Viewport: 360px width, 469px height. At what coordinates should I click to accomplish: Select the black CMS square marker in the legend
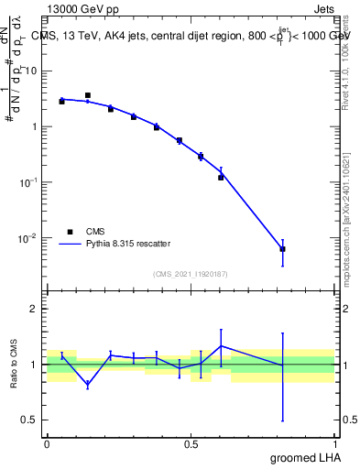point(69,232)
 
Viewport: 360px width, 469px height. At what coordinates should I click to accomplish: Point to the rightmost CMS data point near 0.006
point(283,249)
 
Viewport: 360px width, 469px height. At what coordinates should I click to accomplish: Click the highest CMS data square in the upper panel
point(88,95)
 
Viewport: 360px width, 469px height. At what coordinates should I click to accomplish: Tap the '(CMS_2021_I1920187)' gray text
point(190,273)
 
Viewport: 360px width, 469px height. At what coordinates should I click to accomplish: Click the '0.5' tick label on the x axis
point(191,442)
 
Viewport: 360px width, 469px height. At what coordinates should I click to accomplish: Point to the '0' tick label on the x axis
point(47,442)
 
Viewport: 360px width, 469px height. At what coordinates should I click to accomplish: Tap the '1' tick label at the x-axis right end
point(335,442)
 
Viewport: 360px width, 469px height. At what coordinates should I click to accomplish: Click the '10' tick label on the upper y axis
point(31,71)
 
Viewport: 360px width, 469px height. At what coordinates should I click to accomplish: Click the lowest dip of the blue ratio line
point(88,386)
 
